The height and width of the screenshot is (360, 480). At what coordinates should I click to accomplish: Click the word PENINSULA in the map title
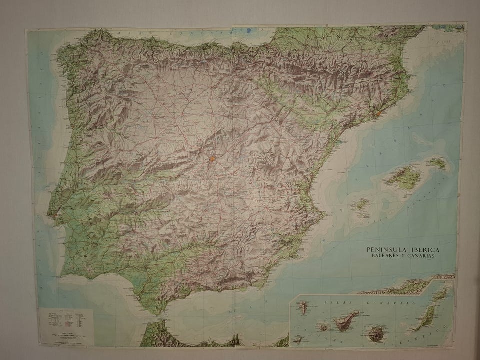click(385, 249)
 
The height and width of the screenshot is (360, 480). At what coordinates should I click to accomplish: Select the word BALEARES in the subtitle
click(385, 256)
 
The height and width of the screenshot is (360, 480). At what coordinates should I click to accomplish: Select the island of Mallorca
click(404, 176)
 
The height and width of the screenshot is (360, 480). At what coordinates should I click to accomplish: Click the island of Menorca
click(437, 162)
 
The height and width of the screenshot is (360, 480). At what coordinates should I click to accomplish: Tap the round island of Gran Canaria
click(375, 333)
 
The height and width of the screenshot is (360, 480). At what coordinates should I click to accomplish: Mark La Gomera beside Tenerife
click(323, 327)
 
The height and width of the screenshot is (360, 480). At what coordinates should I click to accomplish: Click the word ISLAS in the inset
click(332, 303)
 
